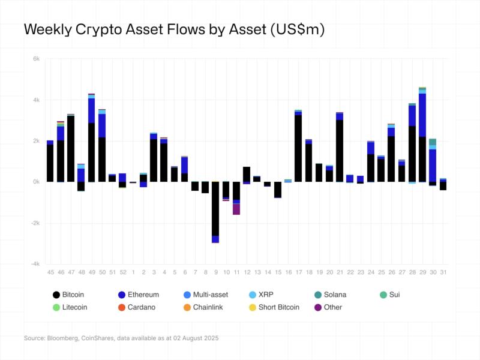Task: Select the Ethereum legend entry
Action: tap(139, 295)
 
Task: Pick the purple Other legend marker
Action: tap(317, 307)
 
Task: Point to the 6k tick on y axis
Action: tap(36, 59)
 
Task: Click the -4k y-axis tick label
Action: tap(35, 264)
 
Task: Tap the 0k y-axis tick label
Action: tap(36, 182)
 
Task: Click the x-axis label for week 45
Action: tap(50, 272)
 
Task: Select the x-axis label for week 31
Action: tap(443, 272)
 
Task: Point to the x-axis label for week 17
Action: tap(298, 272)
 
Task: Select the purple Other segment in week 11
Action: tap(236, 209)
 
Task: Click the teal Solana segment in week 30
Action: tap(433, 142)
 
